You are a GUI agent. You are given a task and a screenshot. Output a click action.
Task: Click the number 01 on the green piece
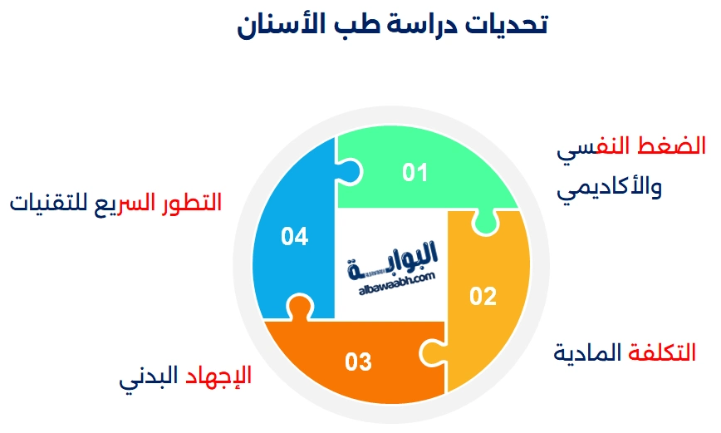tap(414, 173)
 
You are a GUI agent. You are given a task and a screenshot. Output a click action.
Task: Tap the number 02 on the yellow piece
tap(483, 296)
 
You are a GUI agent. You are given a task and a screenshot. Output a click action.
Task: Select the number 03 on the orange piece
tap(358, 362)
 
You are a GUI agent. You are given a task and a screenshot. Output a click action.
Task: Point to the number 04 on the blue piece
tap(295, 237)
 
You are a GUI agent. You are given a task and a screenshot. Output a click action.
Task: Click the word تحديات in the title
tap(510, 25)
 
